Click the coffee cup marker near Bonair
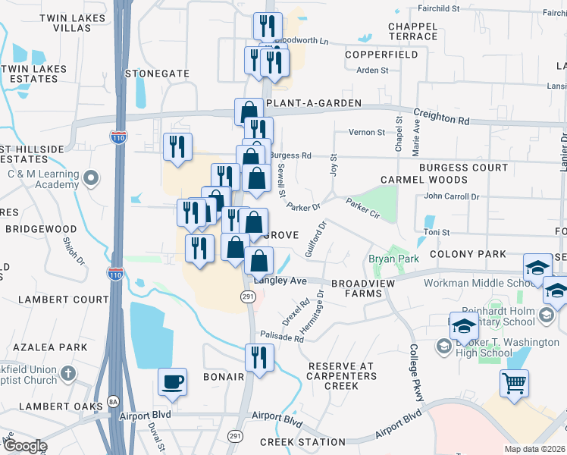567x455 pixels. pyautogui.click(x=173, y=381)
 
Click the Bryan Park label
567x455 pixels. pyautogui.click(x=393, y=259)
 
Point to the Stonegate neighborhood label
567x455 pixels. pyautogui.click(x=157, y=74)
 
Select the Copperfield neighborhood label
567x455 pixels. pyautogui.click(x=381, y=55)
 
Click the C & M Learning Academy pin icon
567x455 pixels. pyautogui.click(x=92, y=179)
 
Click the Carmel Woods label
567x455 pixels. pyautogui.click(x=424, y=180)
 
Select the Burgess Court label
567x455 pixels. pyautogui.click(x=463, y=167)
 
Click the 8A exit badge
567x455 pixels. pyautogui.click(x=114, y=402)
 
